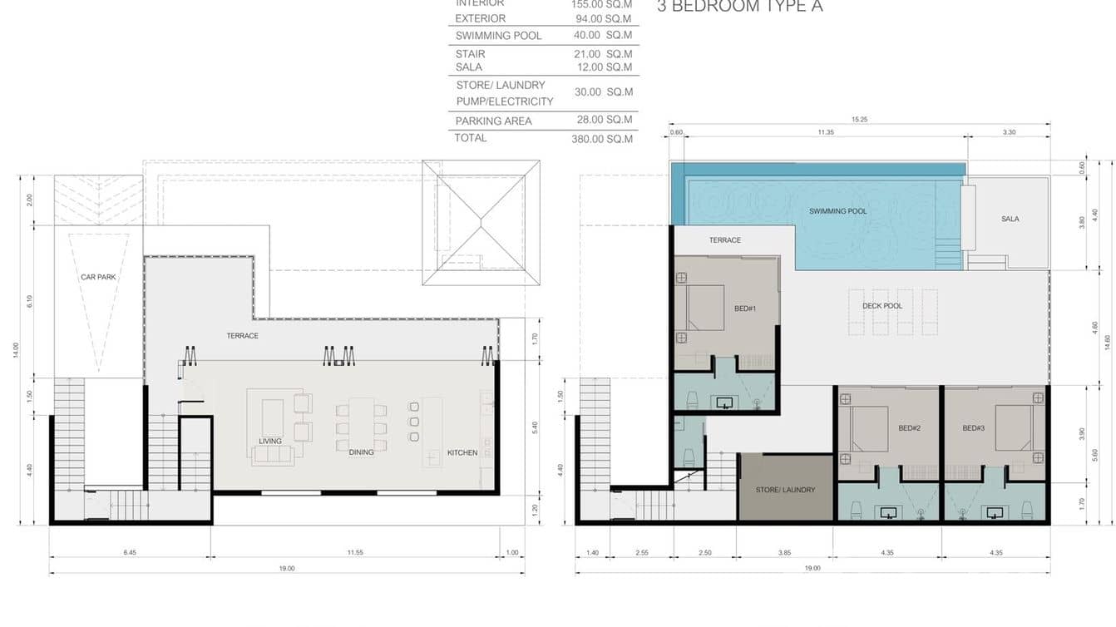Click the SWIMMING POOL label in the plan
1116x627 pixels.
[837, 211]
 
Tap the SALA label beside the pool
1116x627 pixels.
[1010, 219]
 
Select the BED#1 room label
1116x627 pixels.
[744, 309]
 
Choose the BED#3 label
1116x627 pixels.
[973, 428]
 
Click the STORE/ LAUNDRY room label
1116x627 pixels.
[785, 490]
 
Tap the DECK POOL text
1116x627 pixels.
[881, 306]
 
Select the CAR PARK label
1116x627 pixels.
[98, 277]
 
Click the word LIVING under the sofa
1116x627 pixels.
[270, 441]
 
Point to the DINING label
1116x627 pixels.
[361, 452]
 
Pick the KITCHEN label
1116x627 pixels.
[462, 452]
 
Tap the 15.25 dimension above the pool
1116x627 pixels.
[859, 120]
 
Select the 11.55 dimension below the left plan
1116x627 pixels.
[355, 552]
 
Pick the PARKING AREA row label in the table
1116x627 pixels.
[493, 121]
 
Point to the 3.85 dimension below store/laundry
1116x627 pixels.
[785, 552]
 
